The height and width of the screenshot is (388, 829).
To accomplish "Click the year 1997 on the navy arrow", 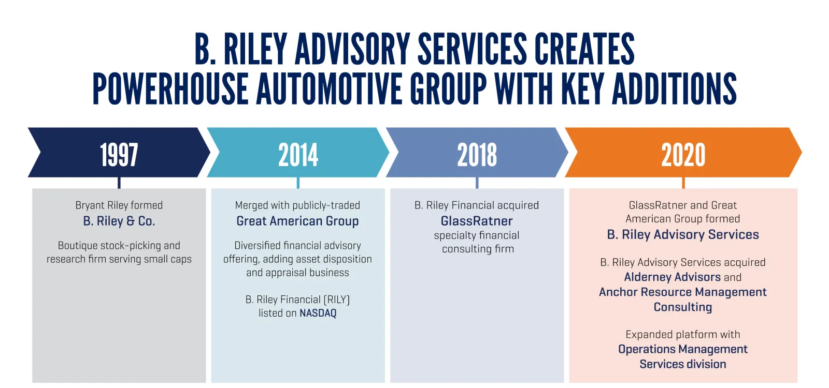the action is pos(119,155).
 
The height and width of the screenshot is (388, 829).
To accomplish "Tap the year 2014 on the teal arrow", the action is pos(298,155).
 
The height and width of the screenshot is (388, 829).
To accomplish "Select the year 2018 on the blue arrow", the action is pos(477,155).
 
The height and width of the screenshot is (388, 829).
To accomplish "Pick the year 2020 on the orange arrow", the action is pos(683,155).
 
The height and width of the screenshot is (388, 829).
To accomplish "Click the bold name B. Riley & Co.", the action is pos(119,221).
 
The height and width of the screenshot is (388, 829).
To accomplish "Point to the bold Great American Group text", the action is pos(297,221).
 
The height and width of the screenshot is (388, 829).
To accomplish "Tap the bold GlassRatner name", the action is pos(477,221).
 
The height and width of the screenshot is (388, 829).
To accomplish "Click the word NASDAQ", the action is pos(318,313).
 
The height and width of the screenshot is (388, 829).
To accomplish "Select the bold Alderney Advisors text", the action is pos(672,277).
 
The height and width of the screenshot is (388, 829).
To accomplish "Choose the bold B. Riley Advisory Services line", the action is pos(683,234).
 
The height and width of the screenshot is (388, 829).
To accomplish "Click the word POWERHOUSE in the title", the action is pos(170,88).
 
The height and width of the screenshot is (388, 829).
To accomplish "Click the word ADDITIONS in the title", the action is pos(674,88).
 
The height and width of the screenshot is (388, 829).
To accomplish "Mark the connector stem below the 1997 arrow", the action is pos(119,183).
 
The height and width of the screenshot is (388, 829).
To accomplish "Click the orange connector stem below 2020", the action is pos(683,183).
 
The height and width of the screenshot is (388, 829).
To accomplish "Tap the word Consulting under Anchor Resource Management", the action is pos(683,307).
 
